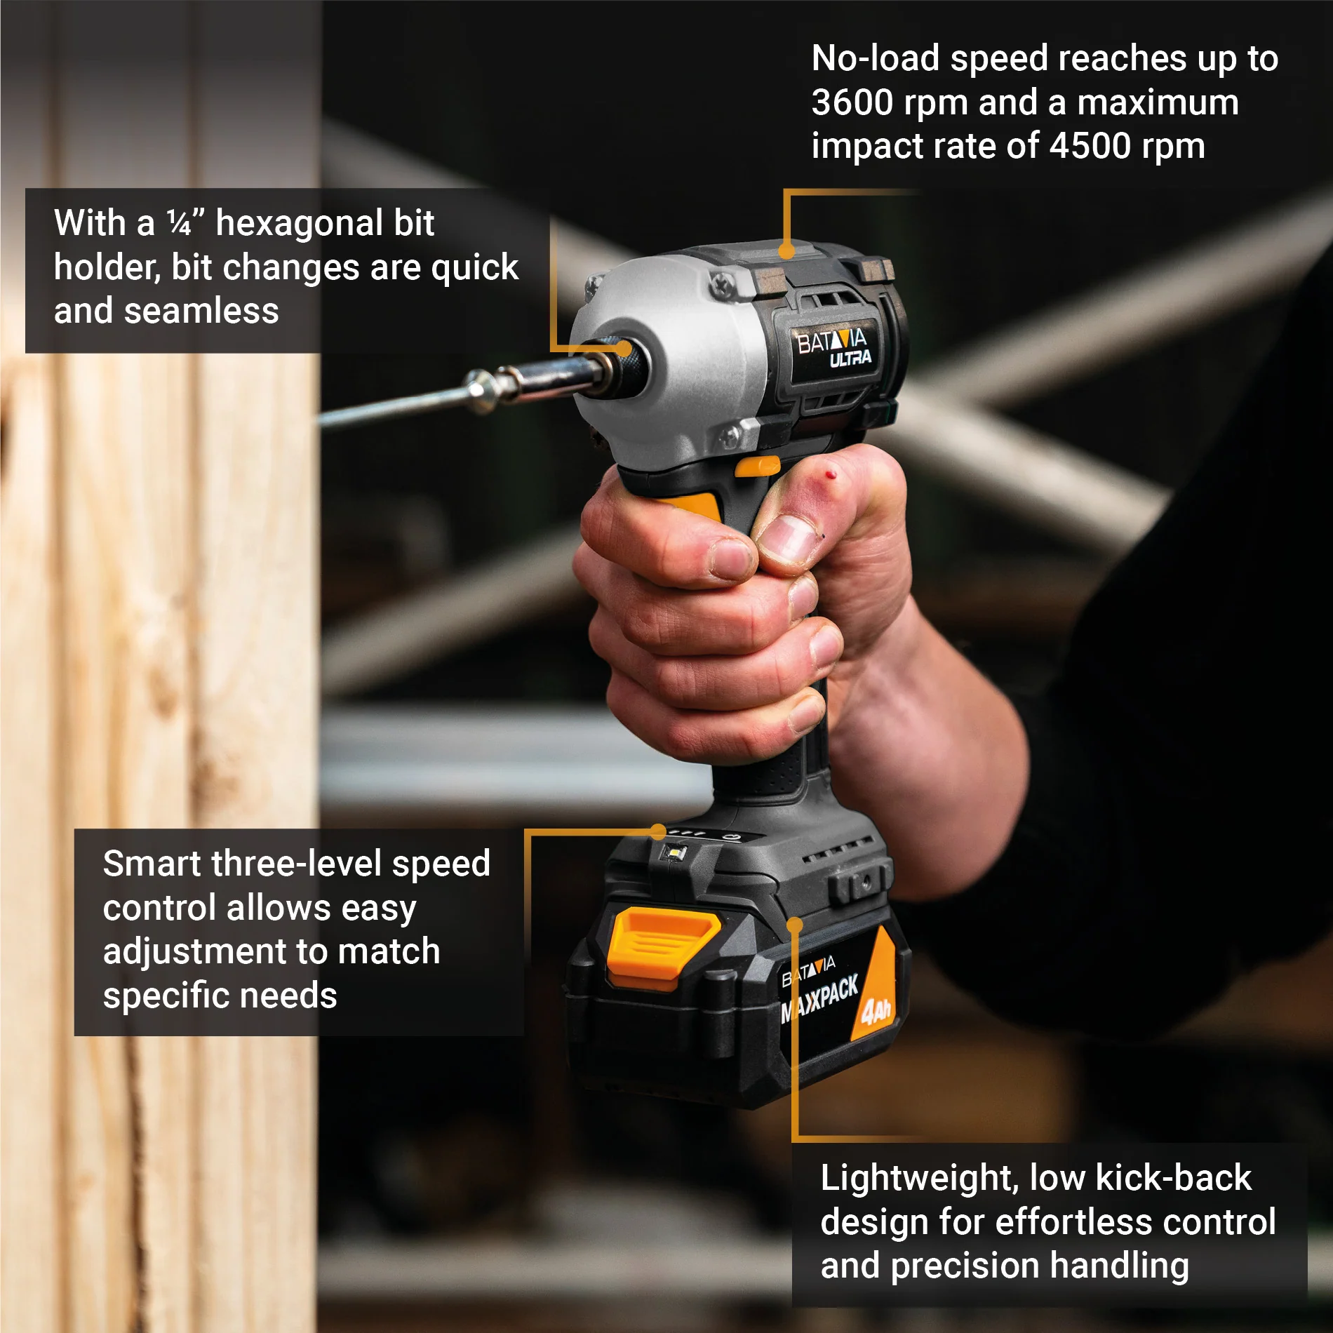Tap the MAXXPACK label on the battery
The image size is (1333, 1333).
point(819,1000)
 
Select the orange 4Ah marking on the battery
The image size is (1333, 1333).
point(876,1010)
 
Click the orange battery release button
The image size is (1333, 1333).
point(662,940)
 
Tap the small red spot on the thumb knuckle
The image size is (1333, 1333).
point(832,475)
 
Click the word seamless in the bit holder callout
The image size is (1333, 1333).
point(201,312)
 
